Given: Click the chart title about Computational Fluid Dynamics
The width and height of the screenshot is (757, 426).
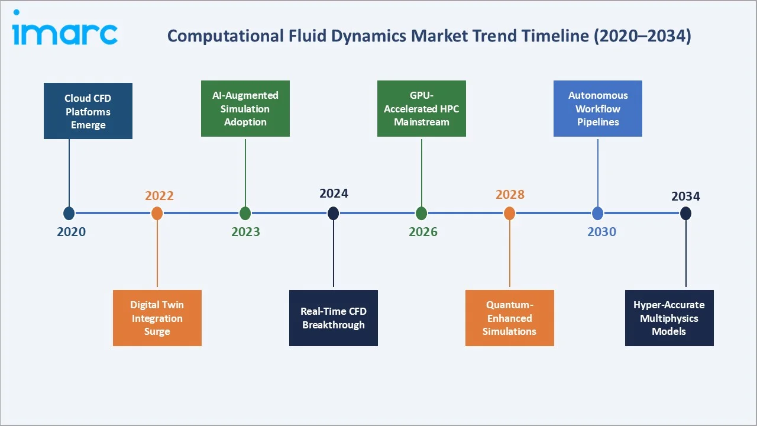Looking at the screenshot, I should tap(429, 36).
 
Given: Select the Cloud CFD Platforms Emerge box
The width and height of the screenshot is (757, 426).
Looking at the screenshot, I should tap(88, 111).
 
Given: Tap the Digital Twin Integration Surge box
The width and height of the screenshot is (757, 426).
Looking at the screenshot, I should tap(157, 318).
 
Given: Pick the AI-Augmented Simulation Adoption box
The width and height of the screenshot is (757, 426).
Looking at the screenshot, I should tap(245, 109).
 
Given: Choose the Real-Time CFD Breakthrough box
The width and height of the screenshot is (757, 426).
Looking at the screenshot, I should tap(334, 318).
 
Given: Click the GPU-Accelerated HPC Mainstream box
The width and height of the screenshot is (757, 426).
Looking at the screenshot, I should tap(422, 109).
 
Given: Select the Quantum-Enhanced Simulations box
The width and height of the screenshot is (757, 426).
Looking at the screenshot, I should tap(510, 318).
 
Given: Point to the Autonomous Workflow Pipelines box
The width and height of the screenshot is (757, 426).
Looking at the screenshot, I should tap(598, 109).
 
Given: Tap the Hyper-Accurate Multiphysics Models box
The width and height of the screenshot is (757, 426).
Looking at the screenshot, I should tap(669, 318).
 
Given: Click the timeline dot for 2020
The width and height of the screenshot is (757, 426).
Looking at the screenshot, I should tap(69, 214).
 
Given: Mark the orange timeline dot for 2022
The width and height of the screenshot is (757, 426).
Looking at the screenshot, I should tap(157, 214).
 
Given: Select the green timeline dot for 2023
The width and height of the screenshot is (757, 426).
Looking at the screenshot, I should tap(245, 214).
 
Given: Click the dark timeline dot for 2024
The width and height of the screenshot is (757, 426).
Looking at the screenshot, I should tap(334, 214).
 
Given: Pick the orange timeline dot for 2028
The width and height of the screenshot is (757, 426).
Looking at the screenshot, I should tap(510, 214).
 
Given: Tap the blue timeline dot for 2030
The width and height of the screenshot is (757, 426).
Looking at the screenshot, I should tap(598, 214).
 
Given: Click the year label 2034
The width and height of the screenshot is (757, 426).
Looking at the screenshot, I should tap(685, 196).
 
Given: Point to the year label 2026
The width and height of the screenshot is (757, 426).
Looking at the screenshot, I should tap(423, 232).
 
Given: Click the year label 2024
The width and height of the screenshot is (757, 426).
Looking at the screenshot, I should tap(334, 193).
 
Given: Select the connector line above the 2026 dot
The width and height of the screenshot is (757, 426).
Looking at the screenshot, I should tap(422, 172).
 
